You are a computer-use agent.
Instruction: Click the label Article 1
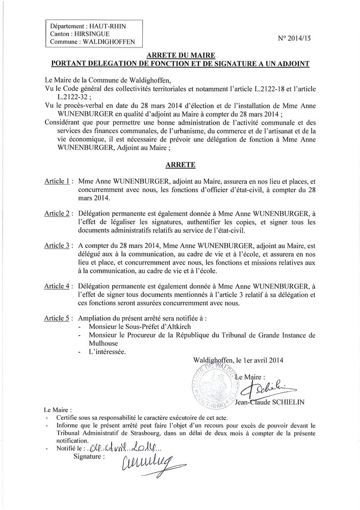[58, 181]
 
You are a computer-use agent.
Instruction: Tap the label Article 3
[58, 245]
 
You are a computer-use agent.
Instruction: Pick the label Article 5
[58, 319]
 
